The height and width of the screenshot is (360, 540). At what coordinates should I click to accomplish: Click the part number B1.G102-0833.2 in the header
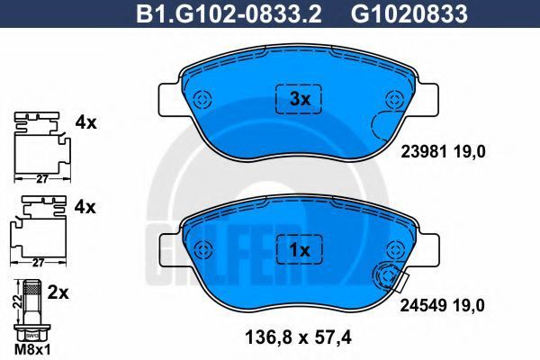pos(229,13)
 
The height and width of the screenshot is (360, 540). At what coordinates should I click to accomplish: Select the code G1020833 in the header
pos(409,13)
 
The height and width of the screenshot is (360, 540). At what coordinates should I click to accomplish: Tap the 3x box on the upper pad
pos(299,99)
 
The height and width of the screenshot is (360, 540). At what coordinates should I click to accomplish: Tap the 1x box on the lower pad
pos(300,251)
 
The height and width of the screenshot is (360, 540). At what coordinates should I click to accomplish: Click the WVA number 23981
pos(423,151)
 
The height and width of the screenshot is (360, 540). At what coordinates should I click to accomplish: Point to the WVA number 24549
pos(423,305)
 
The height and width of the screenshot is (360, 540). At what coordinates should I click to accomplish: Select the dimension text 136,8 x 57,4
pos(298,337)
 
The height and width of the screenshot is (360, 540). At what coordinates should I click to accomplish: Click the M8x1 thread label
pos(32,350)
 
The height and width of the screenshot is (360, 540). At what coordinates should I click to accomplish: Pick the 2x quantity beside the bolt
pos(58,292)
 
